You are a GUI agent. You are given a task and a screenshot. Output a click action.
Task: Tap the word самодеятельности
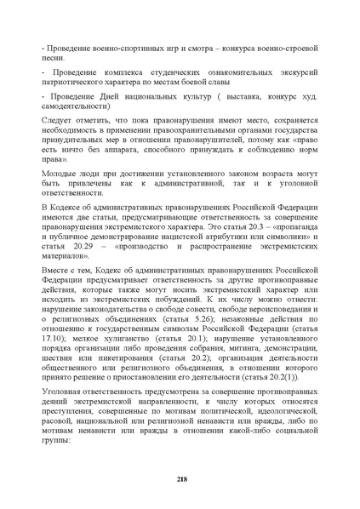77,110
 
